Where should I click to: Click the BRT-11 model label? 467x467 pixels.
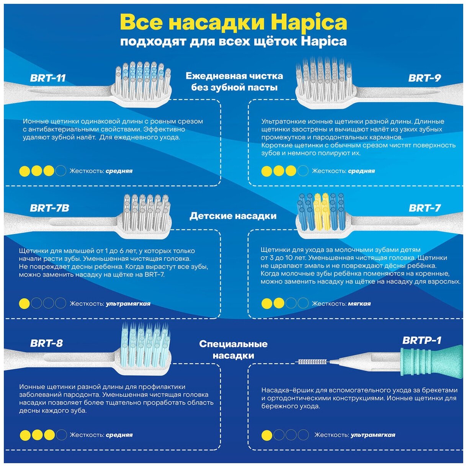pos(48,78)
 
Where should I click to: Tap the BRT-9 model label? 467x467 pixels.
pos(425,78)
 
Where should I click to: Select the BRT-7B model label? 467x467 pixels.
pos(49,208)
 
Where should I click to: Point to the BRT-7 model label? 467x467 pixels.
pos(425,208)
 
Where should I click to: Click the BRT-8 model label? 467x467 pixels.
pos(46,343)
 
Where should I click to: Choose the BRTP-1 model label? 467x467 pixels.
pos(422,340)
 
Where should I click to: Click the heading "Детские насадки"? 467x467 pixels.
pos(233,216)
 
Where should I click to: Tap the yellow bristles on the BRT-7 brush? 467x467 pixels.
pos(321,211)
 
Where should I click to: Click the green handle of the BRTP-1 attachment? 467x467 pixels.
pos(429,361)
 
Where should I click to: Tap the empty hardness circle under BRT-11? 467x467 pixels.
pos(61,171)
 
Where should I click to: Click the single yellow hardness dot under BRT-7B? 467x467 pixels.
pos(24,304)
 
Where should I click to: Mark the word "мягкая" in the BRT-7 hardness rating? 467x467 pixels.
pos(359,304)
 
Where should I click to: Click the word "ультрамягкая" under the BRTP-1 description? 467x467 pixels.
pos(373,435)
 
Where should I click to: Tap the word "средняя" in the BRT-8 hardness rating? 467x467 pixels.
pos(119,435)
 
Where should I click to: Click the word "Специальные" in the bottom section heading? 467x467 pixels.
pos(233,344)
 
